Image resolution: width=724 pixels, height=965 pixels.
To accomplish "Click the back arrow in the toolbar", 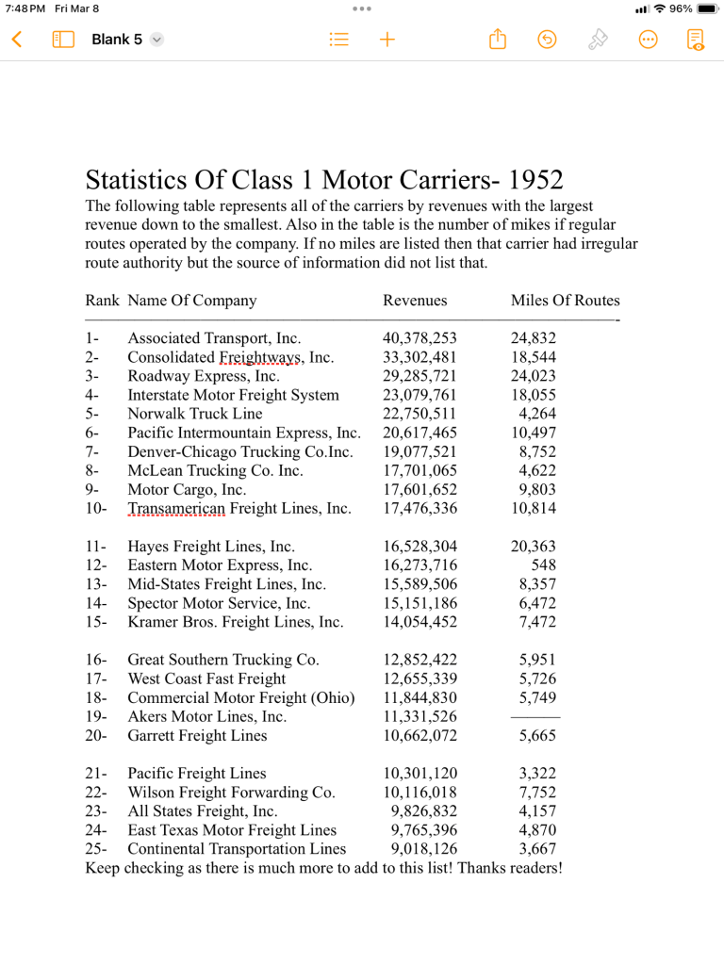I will [x=16, y=40].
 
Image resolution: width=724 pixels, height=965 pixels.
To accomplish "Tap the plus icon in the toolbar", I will [x=387, y=40].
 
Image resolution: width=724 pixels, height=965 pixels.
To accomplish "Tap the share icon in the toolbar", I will [x=498, y=40].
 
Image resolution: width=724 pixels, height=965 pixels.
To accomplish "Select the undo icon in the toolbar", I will [x=547, y=40].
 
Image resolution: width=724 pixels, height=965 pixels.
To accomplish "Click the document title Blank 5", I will [x=117, y=40].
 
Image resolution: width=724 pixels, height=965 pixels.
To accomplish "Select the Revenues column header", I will [x=415, y=301].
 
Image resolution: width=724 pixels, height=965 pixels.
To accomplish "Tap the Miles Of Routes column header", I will [x=565, y=301].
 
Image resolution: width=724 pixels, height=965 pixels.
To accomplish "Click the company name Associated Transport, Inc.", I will [x=214, y=338].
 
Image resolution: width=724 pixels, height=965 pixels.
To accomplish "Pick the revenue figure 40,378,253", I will [x=420, y=338].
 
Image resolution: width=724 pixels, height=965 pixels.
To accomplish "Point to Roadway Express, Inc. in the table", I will [x=204, y=376].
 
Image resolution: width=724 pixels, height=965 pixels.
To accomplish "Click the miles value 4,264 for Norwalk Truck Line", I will [x=537, y=414].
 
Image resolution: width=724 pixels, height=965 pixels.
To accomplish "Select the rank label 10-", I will [x=96, y=508].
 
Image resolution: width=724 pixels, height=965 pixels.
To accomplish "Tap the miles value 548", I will [x=543, y=565].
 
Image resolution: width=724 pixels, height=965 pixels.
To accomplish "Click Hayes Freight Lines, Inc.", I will [x=211, y=547].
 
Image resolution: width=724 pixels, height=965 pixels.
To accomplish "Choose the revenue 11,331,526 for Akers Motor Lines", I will [x=420, y=716].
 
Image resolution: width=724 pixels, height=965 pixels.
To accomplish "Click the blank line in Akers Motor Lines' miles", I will [x=535, y=717].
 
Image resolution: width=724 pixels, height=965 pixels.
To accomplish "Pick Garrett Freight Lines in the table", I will [x=197, y=735].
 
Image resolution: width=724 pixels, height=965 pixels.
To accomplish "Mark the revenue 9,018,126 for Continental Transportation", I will [x=424, y=848].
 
